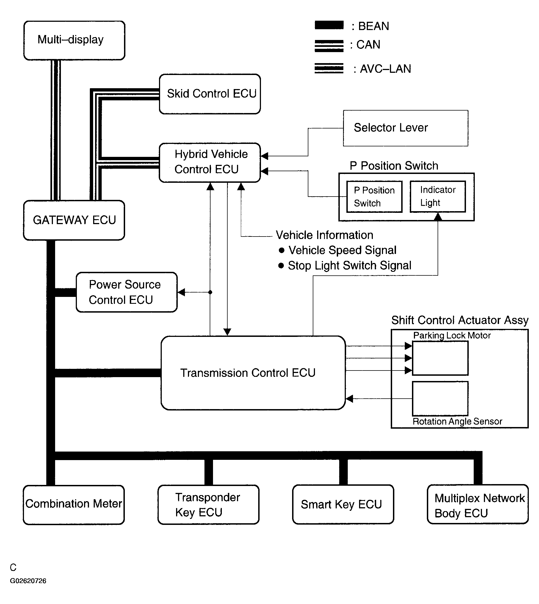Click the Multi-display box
[74, 40]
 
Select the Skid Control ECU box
[210, 94]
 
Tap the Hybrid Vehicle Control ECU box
[210, 163]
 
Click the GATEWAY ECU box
[74, 220]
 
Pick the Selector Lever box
[405, 128]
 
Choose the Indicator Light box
[438, 197]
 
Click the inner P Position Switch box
[374, 197]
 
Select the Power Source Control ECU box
[126, 292]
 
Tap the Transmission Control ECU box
[253, 373]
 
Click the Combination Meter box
[74, 505]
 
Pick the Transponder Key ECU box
[208, 505]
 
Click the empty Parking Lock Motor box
[440, 358]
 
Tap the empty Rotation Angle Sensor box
[440, 398]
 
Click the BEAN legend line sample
[329, 25]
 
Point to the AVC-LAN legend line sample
[329, 68]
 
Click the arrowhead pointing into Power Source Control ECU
[181, 292]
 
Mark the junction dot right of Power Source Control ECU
[210, 292]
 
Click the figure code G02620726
[28, 581]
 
